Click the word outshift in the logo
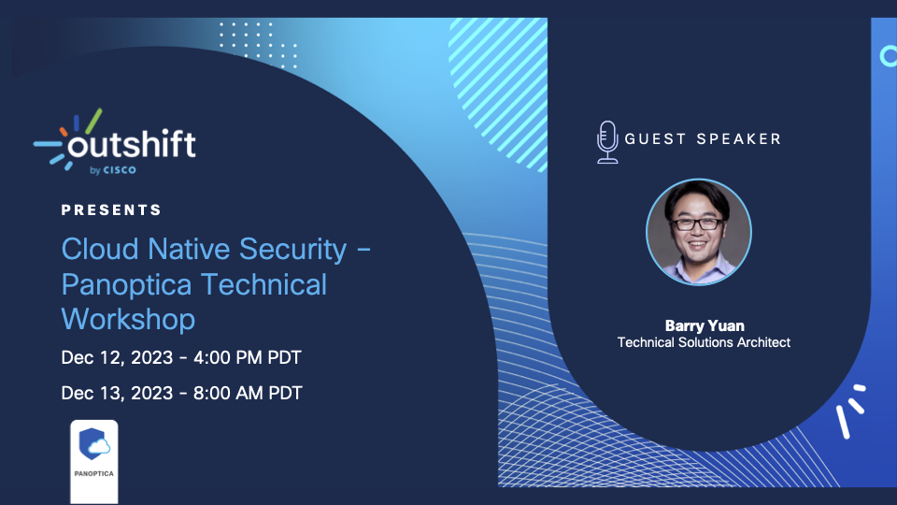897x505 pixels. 132,143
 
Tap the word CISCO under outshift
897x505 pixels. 120,170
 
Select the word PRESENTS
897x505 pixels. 111,210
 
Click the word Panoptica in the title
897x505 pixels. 126,284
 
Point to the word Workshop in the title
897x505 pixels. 128,319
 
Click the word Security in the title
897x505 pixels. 292,250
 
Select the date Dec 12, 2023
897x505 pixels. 118,358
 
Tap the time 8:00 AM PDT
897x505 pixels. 248,394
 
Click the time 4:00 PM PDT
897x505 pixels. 247,358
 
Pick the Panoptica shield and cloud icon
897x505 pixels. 94,443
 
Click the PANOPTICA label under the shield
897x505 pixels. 93,473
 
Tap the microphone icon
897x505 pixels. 607,142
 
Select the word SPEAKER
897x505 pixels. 738,139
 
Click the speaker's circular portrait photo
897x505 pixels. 699,232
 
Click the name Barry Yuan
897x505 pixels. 705,325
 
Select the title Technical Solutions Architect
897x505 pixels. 704,342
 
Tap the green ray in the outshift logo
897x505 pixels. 93,121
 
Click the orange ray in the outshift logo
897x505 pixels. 64,132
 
